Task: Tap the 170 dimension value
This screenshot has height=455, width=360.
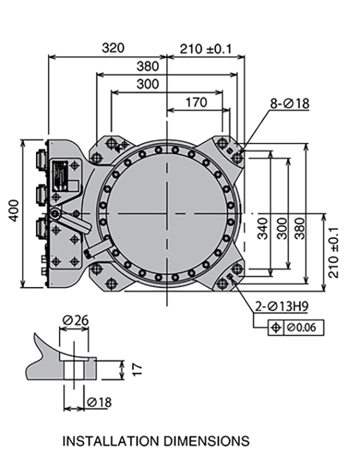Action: point(196,102)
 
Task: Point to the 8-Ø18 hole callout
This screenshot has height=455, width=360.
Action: point(289,103)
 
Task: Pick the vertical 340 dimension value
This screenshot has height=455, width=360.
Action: point(263,228)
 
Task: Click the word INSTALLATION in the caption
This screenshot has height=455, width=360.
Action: point(112,441)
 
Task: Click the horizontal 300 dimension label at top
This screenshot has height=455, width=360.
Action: point(148,85)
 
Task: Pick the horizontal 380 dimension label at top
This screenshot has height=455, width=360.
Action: point(148,66)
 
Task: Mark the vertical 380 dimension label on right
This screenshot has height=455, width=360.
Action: point(300,228)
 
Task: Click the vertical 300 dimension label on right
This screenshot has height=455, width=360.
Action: point(282,228)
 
